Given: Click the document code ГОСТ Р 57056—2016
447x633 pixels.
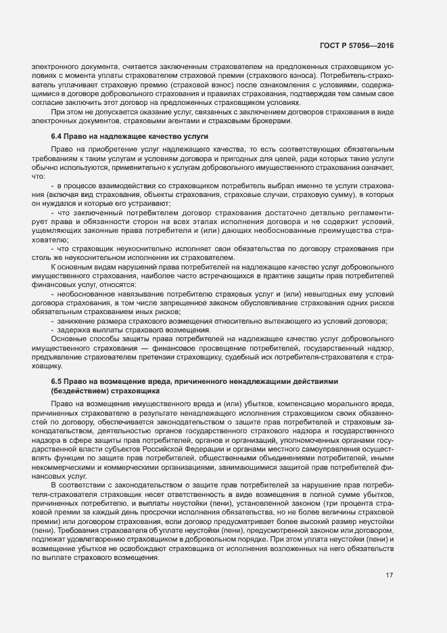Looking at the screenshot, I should pos(356,45).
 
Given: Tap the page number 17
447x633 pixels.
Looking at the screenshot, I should pos(390,575).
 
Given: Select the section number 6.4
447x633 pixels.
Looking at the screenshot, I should pos(57,137).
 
